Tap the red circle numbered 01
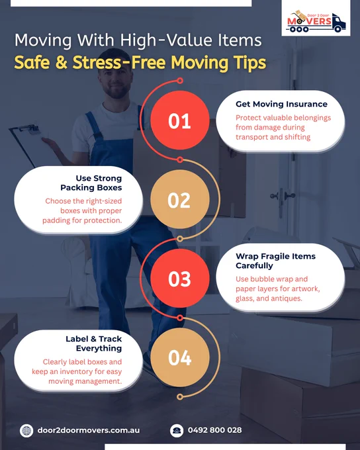[180, 120]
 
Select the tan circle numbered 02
[180, 200]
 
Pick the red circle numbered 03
[180, 279]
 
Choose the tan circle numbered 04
[180, 357]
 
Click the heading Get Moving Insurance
[281, 104]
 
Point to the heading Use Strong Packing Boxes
[91, 183]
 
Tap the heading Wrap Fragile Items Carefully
[275, 261]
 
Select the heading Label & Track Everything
[93, 343]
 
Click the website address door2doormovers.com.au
[89, 430]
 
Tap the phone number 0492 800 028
[214, 430]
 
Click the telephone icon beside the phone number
[177, 431]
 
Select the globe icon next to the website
[26, 431]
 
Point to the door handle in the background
[283, 197]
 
